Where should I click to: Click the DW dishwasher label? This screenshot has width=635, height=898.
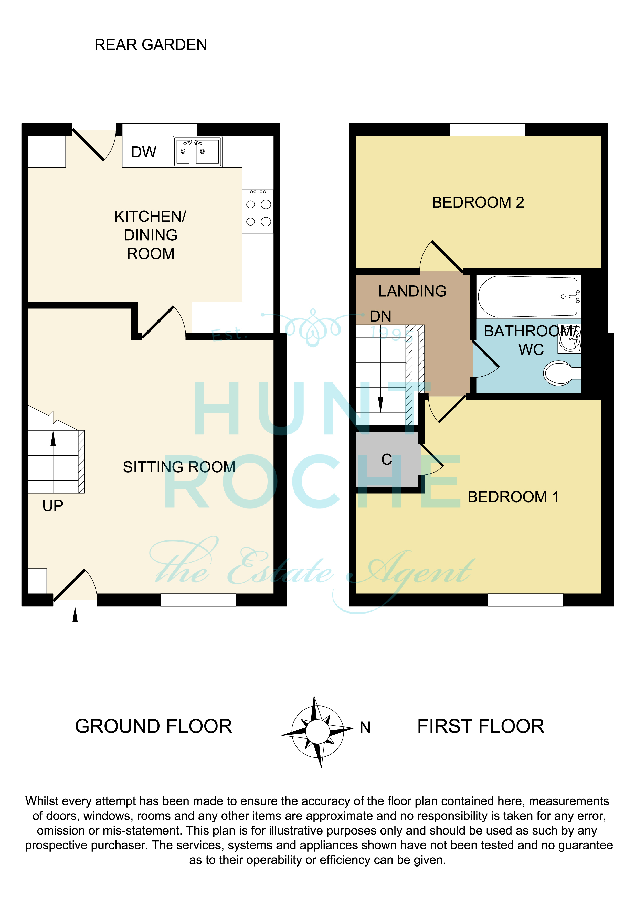144,152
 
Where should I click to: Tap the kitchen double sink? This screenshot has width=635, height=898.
198,152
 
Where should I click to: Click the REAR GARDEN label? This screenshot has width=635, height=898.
151,45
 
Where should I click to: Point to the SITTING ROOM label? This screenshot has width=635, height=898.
179,467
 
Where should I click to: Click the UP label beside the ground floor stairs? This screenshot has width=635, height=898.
53,506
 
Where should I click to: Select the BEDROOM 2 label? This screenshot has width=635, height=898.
478,202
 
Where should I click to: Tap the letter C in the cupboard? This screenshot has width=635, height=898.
387,459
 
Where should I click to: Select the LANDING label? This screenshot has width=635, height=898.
412,291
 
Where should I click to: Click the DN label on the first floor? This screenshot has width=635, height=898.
380,316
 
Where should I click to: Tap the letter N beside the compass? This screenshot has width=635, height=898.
365,728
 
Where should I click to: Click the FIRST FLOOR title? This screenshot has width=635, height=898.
481,726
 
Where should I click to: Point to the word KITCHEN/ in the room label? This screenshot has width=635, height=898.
150,217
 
